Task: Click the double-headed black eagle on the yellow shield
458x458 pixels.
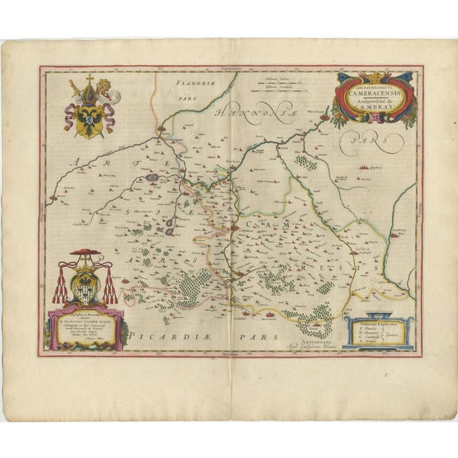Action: (x=89, y=116)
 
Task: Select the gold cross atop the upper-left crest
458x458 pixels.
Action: (x=90, y=78)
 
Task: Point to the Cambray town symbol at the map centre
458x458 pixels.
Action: (x=235, y=228)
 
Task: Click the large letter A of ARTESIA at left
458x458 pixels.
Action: (x=72, y=165)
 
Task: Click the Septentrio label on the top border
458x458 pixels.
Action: (x=230, y=69)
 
